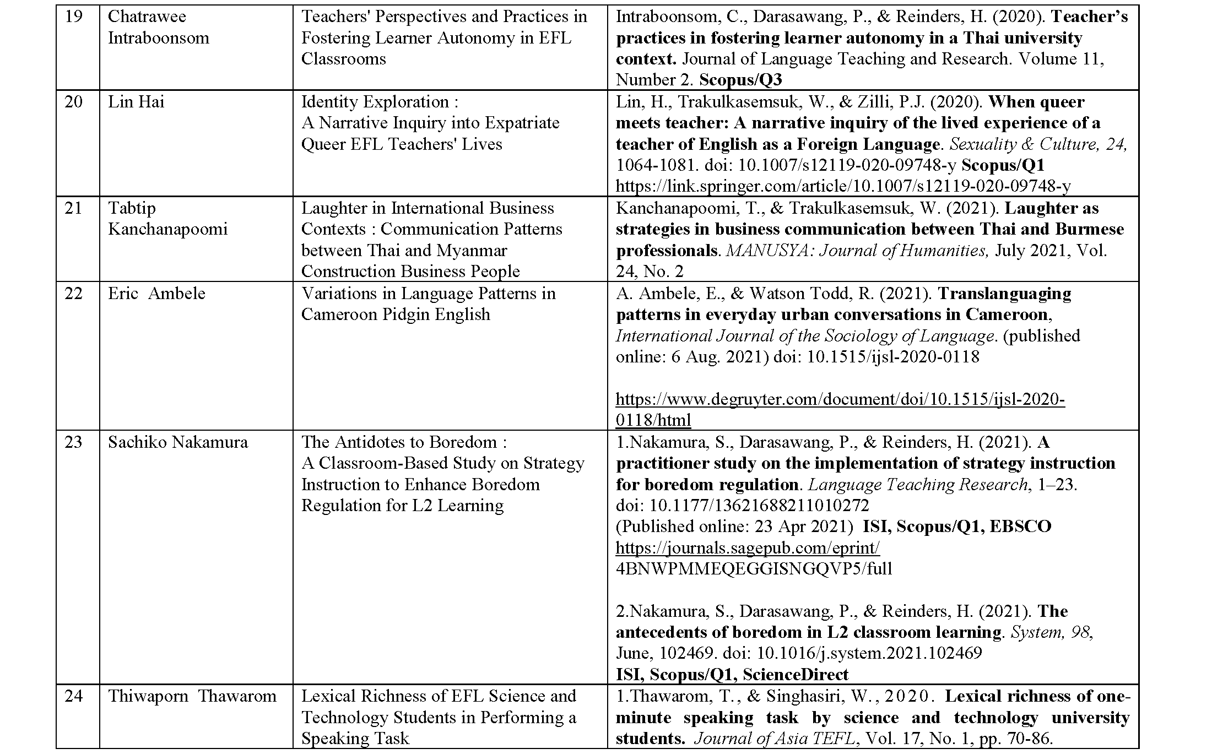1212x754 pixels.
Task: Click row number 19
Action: click(73, 17)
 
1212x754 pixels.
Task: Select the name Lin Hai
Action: click(136, 102)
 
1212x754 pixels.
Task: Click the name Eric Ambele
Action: click(156, 294)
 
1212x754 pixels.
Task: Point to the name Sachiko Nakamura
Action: click(178, 442)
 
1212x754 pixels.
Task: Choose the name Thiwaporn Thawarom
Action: click(192, 696)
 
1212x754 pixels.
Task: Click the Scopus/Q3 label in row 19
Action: click(740, 80)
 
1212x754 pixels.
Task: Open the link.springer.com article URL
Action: click(843, 187)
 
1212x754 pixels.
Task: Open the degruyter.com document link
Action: click(840, 399)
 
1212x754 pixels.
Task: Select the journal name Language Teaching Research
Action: click(918, 485)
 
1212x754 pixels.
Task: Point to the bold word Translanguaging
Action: click(1004, 294)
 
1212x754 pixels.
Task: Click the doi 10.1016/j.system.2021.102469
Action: click(869, 654)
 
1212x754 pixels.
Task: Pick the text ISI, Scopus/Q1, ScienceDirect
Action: click(732, 675)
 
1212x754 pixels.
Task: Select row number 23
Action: click(73, 442)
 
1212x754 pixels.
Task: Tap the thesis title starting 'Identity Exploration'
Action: click(380, 102)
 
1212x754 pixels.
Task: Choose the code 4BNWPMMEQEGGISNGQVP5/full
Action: click(754, 569)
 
